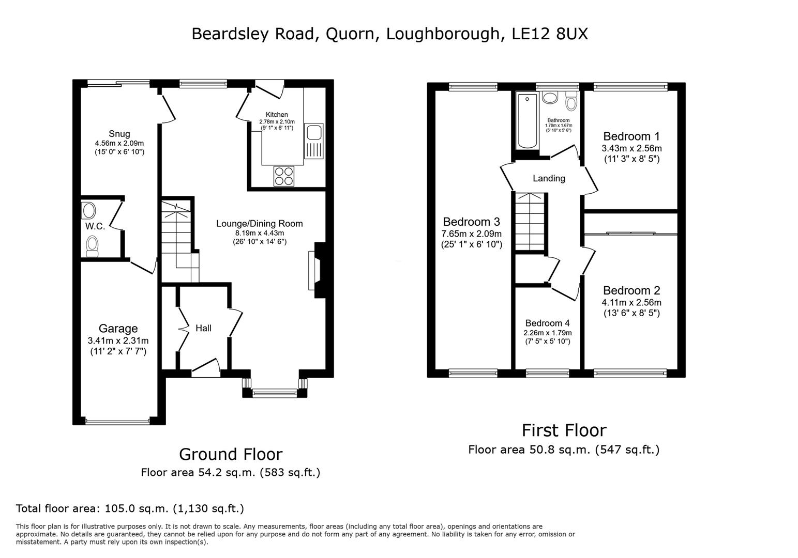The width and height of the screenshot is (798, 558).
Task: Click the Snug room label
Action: [119, 134]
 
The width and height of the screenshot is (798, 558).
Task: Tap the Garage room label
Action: [118, 329]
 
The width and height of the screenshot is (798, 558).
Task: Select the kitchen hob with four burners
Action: [283, 176]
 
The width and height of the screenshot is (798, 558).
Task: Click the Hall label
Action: [203, 328]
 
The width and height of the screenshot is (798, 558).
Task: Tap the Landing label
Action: [549, 178]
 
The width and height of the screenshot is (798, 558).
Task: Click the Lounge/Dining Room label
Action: [259, 224]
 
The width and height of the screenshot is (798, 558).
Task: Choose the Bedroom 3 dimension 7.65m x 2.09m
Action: [471, 234]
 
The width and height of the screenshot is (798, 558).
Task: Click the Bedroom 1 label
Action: [631, 136]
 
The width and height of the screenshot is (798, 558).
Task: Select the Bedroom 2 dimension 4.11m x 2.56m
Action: [631, 302]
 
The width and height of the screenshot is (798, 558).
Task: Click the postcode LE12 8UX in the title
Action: [549, 34]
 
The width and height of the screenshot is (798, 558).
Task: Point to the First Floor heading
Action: [563, 430]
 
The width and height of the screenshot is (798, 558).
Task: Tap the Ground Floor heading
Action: [230, 454]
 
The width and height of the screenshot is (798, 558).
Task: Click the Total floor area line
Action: [130, 508]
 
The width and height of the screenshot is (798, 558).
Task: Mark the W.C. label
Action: [95, 226]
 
